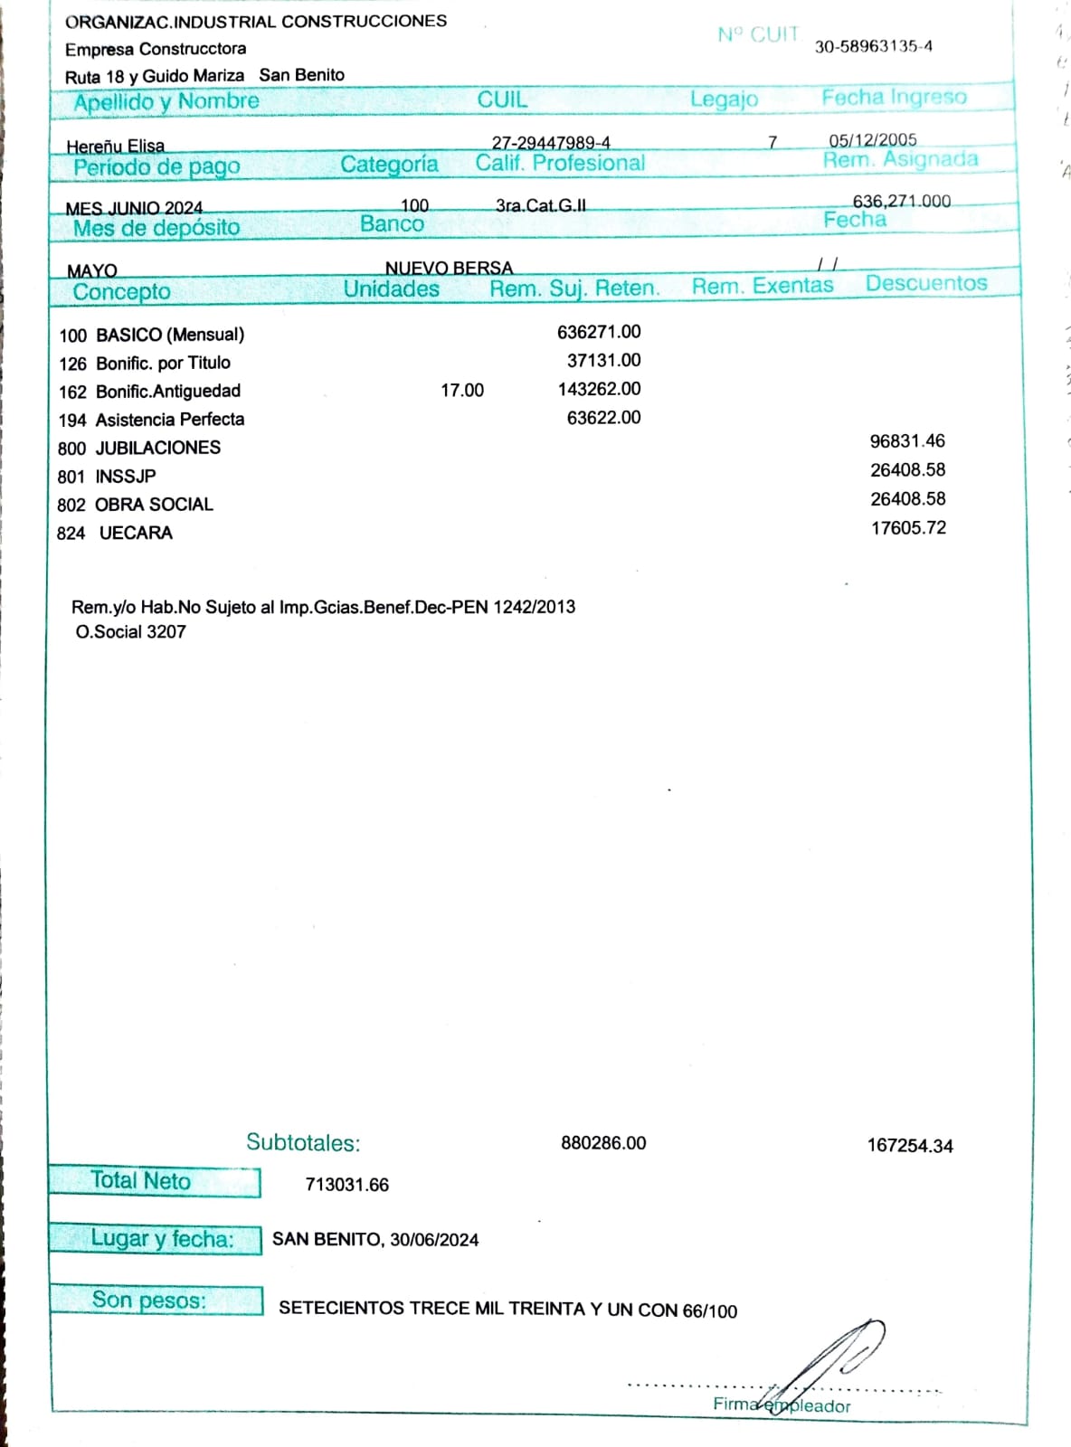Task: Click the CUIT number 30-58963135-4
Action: [873, 47]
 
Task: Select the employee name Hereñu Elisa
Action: [115, 146]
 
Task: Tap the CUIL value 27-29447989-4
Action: [551, 143]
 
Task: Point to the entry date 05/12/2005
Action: [872, 140]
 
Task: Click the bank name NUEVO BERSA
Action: [449, 268]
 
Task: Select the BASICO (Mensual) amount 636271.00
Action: [599, 332]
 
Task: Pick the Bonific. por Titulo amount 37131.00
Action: [603, 360]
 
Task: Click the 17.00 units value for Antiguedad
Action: [461, 390]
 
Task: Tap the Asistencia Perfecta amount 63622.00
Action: [603, 417]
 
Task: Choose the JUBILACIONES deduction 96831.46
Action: [906, 441]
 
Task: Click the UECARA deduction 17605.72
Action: [907, 527]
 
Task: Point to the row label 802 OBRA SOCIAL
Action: [135, 505]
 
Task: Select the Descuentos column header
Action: [925, 283]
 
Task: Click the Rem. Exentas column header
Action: [762, 286]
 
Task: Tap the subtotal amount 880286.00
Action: [603, 1142]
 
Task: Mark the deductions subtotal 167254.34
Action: [909, 1146]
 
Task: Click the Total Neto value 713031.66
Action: [346, 1185]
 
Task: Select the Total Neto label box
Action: [154, 1181]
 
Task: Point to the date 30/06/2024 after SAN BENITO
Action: [434, 1240]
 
